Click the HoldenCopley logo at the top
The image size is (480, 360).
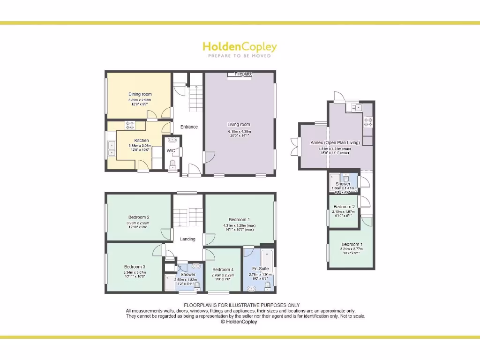click(x=240, y=47)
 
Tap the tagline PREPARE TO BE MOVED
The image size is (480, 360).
click(x=240, y=56)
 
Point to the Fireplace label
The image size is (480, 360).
click(x=243, y=74)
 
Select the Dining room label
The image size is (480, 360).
click(x=140, y=94)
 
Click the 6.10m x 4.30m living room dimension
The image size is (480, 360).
click(x=239, y=131)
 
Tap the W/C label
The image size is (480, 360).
click(x=171, y=150)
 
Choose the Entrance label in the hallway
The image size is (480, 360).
click(x=189, y=127)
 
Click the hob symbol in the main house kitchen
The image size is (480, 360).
click(x=129, y=125)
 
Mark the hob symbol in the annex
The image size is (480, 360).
click(x=368, y=123)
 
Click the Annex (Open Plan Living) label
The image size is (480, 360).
click(x=335, y=142)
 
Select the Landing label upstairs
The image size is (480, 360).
click(x=187, y=239)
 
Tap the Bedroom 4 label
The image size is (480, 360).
click(x=223, y=270)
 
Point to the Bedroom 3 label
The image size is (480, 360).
click(x=135, y=267)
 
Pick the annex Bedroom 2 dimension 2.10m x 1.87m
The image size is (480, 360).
click(x=344, y=212)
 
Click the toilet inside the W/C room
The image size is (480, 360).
click(x=172, y=164)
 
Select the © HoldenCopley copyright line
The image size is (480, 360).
click(x=239, y=322)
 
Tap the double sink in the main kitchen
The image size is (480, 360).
click(x=112, y=148)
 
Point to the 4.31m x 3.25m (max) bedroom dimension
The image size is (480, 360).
click(x=239, y=225)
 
